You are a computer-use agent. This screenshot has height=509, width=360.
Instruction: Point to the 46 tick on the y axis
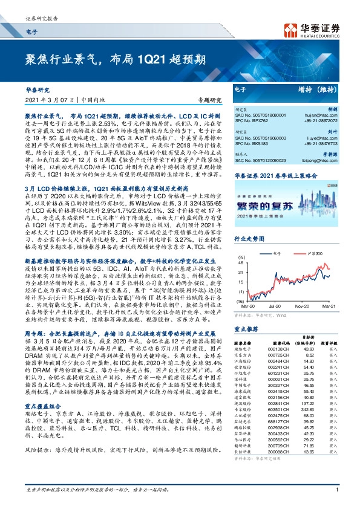coord(241,263)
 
